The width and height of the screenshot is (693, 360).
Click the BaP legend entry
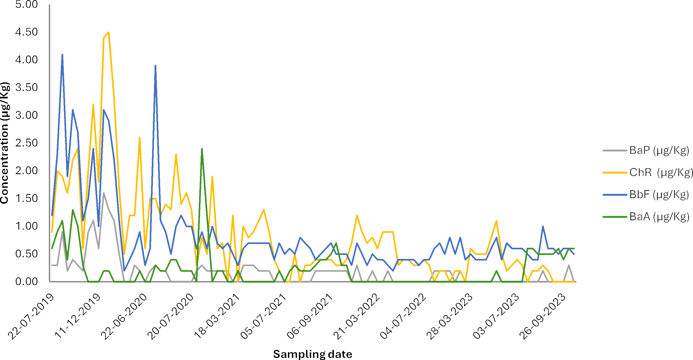[x=646, y=150]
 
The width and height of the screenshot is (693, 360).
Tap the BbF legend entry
[x=646, y=194]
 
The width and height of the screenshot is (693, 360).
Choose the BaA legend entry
[x=646, y=217]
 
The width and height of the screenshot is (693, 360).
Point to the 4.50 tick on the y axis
[x=26, y=32]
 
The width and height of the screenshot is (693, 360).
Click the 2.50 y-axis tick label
[x=26, y=143]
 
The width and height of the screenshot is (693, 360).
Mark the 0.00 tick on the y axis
[x=26, y=282]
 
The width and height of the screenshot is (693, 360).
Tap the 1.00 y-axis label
[x=26, y=226]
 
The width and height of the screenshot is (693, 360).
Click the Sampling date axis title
[x=312, y=354]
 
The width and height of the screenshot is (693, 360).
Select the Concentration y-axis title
[x=5, y=143]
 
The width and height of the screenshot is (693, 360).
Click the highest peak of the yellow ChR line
[x=109, y=32]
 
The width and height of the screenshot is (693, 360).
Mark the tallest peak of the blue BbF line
[x=62, y=55]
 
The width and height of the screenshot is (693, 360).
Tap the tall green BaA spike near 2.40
[x=202, y=149]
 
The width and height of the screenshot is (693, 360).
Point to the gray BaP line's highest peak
[x=104, y=193]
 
